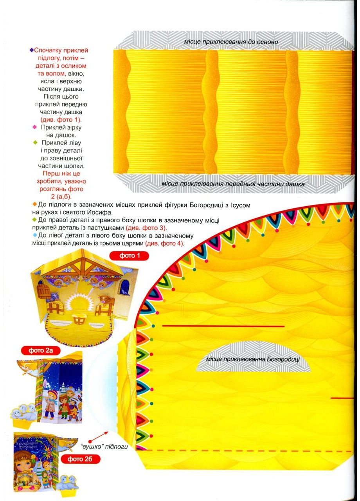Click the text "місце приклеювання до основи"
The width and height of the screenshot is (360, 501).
pos(231,41)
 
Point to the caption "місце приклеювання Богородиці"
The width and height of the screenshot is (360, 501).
pos(252,359)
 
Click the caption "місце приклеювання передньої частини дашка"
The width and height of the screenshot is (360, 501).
pos(233,184)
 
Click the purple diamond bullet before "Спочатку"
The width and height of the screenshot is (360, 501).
pos(32,50)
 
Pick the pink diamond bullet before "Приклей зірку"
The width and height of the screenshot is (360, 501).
pos(34,128)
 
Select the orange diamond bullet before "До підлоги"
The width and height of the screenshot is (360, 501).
pos(34,205)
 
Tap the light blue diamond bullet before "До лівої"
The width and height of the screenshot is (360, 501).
pos(34,235)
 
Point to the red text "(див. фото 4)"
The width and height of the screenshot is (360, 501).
pos(164,243)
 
